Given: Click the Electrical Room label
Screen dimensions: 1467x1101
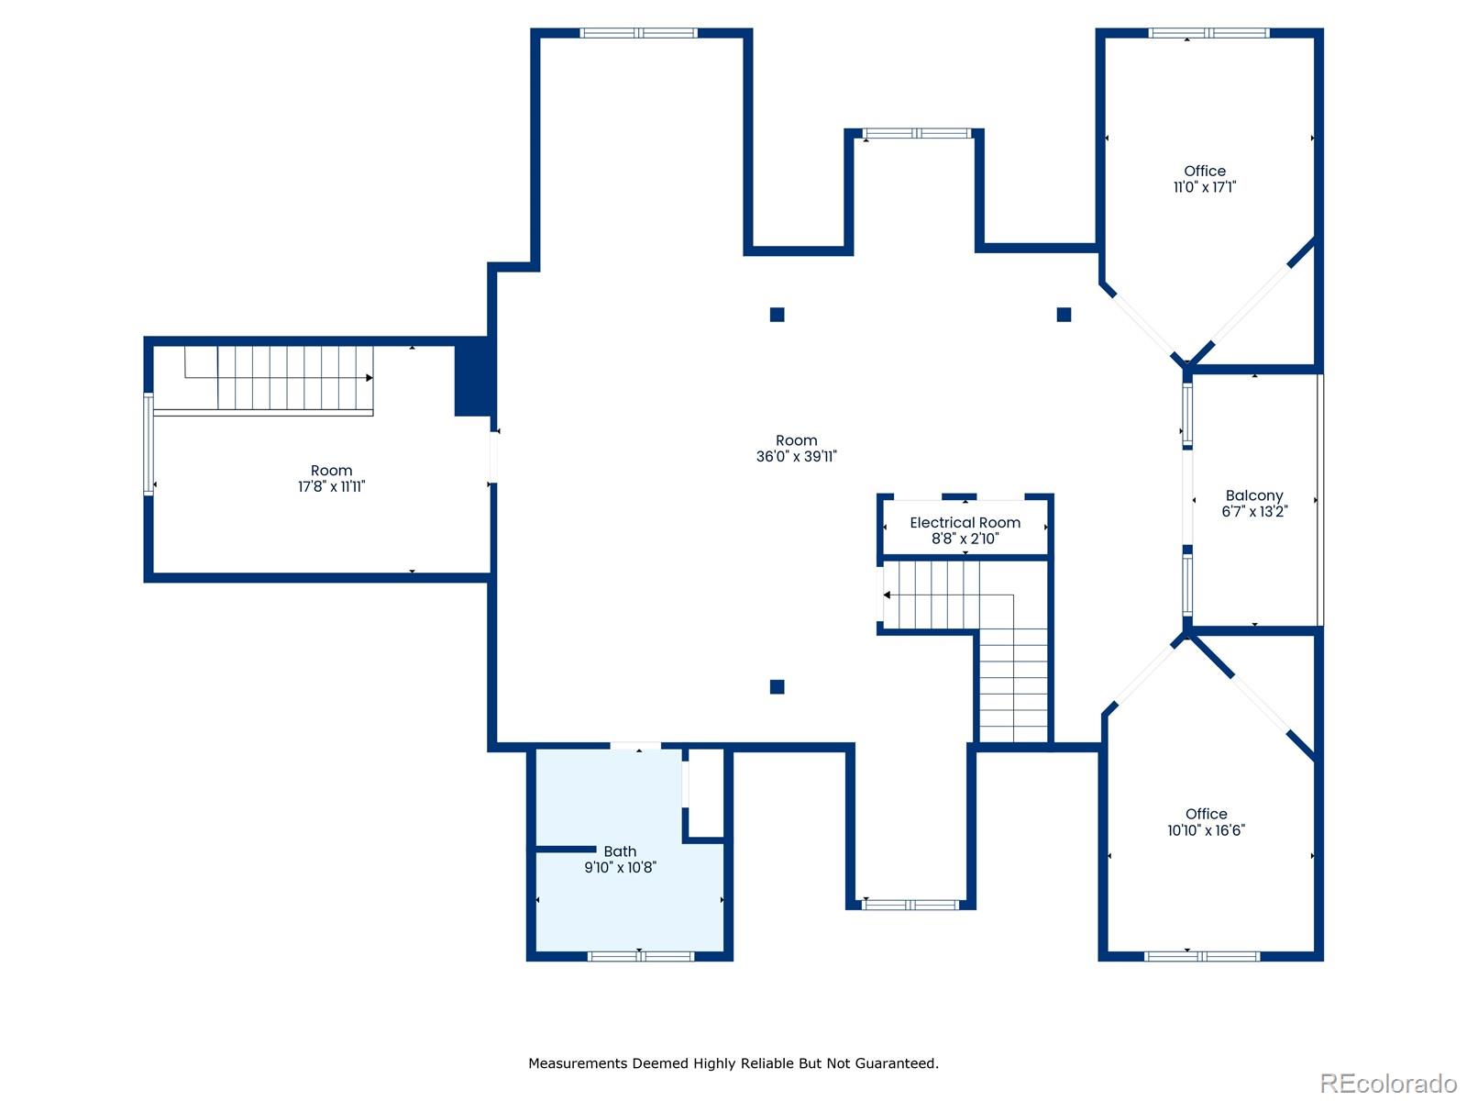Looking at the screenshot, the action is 965,522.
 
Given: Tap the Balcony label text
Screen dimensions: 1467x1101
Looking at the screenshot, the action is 1253,495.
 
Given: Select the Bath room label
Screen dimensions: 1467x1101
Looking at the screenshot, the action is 620,851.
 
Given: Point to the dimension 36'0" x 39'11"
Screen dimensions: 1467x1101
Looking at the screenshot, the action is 796,456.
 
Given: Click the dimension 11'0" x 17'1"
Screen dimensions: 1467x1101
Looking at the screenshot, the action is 1205,186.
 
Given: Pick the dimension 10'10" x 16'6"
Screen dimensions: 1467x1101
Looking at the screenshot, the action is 1206,829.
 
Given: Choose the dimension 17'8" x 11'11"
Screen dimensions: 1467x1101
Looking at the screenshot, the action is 332,486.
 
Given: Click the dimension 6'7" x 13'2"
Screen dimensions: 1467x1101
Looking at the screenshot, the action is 1253,511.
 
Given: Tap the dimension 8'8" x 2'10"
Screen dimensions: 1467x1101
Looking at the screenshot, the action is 965,539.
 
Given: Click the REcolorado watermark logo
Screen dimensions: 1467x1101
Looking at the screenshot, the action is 1388,1083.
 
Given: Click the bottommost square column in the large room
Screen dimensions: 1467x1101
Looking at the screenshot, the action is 777,686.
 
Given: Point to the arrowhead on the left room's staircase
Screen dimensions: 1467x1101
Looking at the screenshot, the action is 369,378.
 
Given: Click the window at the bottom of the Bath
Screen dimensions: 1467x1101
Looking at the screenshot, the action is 640,956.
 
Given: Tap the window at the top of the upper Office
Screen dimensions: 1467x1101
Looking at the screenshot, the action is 1208,33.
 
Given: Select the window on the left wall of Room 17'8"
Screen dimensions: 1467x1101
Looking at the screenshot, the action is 149,444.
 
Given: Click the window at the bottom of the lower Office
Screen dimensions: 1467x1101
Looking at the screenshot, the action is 1202,956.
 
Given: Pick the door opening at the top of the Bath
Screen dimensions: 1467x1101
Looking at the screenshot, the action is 634,745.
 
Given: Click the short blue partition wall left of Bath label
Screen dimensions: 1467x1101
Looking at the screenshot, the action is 566,849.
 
